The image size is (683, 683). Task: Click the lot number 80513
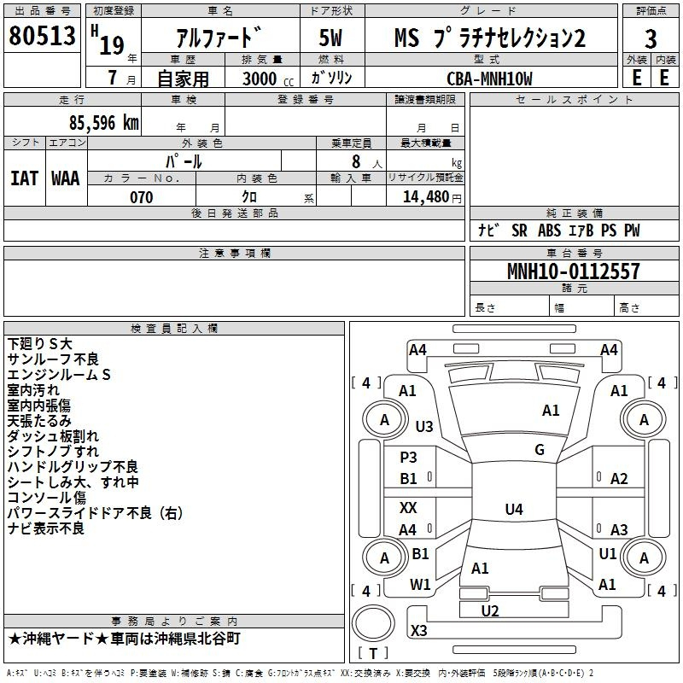tap(42, 35)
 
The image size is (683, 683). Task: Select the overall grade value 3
tap(651, 39)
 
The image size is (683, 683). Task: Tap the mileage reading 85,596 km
tap(103, 123)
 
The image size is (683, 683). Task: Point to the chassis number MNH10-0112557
tap(574, 271)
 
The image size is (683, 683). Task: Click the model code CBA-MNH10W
tap(489, 79)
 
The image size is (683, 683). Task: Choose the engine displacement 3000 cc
tap(268, 79)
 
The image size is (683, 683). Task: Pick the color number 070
tap(142, 197)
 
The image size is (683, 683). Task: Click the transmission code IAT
tap(25, 178)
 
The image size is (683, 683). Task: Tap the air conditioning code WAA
tap(66, 178)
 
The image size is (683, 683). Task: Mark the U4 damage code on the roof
tap(514, 509)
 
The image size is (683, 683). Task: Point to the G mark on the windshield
tap(540, 450)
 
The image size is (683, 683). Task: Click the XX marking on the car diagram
tap(408, 507)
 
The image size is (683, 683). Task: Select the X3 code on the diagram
tap(419, 630)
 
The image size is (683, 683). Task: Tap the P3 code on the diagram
tap(409, 457)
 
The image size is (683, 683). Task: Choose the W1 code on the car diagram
tap(420, 584)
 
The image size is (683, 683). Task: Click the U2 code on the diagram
tap(490, 610)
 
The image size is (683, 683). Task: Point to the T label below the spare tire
tap(373, 653)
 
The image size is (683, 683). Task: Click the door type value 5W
tap(331, 38)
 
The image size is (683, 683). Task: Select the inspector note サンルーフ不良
tap(53, 359)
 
